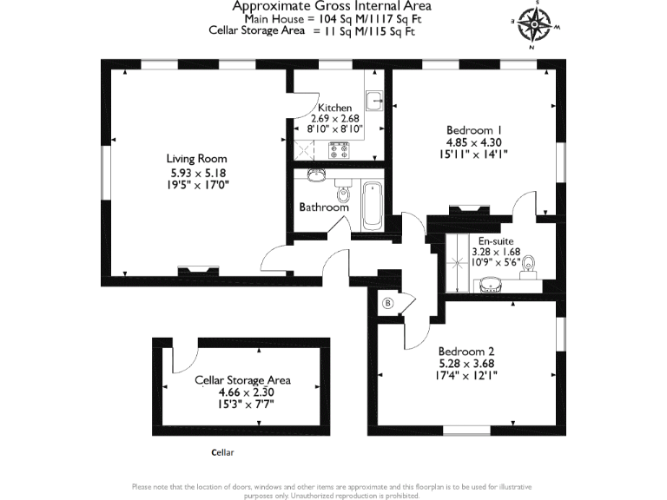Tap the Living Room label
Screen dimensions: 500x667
[x=197, y=159]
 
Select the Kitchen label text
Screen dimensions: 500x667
[x=335, y=108]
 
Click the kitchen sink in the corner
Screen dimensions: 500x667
[x=374, y=100]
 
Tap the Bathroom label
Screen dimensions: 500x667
[x=324, y=207]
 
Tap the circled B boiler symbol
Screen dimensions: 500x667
[x=388, y=303]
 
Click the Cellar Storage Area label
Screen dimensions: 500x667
[x=242, y=380]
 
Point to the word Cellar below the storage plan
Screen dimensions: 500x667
[x=223, y=452]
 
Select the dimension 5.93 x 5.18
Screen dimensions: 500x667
[x=197, y=172]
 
